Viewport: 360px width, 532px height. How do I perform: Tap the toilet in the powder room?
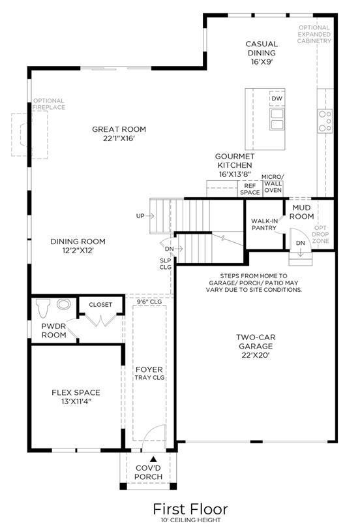(42, 307)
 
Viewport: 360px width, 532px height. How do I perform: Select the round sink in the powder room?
(63, 304)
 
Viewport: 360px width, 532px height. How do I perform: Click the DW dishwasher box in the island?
(277, 99)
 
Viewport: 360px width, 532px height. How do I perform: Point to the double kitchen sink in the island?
(277, 119)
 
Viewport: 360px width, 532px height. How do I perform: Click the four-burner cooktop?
(325, 121)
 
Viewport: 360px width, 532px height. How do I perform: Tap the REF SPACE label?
(250, 189)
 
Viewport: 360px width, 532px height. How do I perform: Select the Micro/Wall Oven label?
(273, 183)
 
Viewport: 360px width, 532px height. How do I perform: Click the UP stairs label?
(140, 216)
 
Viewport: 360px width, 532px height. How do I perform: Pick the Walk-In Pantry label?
(264, 225)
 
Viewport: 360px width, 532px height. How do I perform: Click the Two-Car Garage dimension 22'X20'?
(256, 355)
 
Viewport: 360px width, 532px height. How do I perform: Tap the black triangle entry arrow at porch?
(153, 459)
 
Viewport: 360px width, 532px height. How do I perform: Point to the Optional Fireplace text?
(49, 104)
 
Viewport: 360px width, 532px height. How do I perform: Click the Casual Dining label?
(262, 48)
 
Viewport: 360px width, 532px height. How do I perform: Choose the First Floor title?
(190, 509)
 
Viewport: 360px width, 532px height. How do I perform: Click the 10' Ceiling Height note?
(191, 520)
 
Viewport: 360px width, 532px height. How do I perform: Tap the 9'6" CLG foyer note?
(149, 302)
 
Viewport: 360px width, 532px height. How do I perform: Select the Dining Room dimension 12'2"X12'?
(78, 251)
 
